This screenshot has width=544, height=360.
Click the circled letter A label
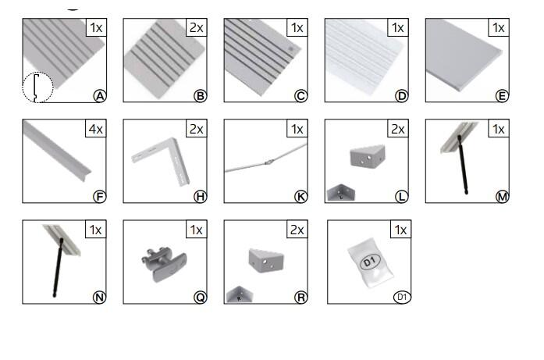(100, 96)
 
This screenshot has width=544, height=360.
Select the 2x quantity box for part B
(197, 27)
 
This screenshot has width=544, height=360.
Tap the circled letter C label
(300, 96)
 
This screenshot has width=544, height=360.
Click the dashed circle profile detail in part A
(37, 87)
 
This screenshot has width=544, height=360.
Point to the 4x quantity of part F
(96, 129)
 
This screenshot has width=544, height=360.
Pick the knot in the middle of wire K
(268, 162)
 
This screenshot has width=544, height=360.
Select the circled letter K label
(300, 197)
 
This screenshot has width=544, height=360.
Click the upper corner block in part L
(368, 156)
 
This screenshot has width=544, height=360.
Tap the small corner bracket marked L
(341, 193)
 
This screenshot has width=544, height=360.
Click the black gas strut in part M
(463, 164)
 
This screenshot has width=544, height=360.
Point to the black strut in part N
(58, 267)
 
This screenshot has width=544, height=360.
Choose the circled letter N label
(100, 298)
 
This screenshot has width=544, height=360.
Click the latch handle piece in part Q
(165, 264)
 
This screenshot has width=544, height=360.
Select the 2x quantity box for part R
(297, 230)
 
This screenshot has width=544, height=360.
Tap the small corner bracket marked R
(240, 294)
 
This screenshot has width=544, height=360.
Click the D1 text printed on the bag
(370, 261)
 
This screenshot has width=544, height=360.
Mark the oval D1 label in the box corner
(402, 298)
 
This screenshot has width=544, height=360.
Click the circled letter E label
(502, 96)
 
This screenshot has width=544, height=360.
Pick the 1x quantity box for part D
(397, 27)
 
